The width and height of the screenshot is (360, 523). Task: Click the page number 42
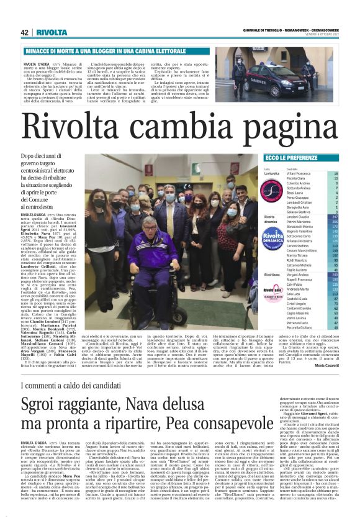[x=25, y=32]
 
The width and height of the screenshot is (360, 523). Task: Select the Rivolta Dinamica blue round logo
[x=256, y=238]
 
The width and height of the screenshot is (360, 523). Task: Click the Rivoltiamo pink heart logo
[x=256, y=291]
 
